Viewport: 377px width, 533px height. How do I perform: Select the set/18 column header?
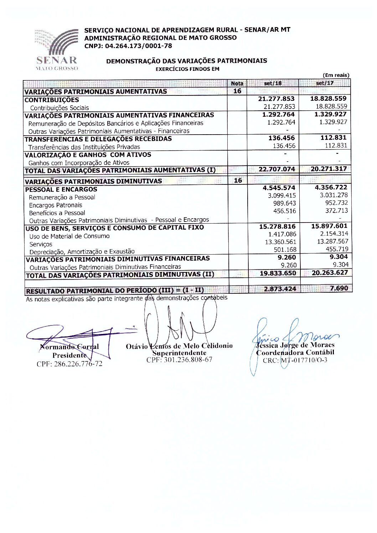click(273, 83)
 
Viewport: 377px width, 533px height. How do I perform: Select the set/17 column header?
click(325, 83)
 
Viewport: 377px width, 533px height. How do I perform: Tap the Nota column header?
click(237, 83)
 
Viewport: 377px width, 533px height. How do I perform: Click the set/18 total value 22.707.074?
click(277, 169)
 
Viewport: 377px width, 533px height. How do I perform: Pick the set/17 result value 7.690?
click(339, 288)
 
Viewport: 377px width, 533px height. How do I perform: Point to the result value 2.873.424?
click(280, 289)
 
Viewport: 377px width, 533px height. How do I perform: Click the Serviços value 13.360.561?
click(280, 242)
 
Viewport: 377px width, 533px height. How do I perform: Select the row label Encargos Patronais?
click(56, 205)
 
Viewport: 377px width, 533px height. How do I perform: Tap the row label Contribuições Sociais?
click(60, 108)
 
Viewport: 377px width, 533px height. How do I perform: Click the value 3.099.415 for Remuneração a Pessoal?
click(282, 195)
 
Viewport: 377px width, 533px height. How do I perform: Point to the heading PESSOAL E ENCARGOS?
click(61, 189)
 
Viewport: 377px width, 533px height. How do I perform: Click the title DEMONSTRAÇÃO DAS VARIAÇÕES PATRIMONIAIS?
click(186, 61)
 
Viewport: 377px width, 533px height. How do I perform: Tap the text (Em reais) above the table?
click(336, 75)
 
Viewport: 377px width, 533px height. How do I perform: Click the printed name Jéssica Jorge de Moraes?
click(295, 345)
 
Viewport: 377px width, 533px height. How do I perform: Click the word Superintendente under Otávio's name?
click(179, 353)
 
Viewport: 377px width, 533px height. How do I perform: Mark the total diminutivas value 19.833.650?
click(278, 273)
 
